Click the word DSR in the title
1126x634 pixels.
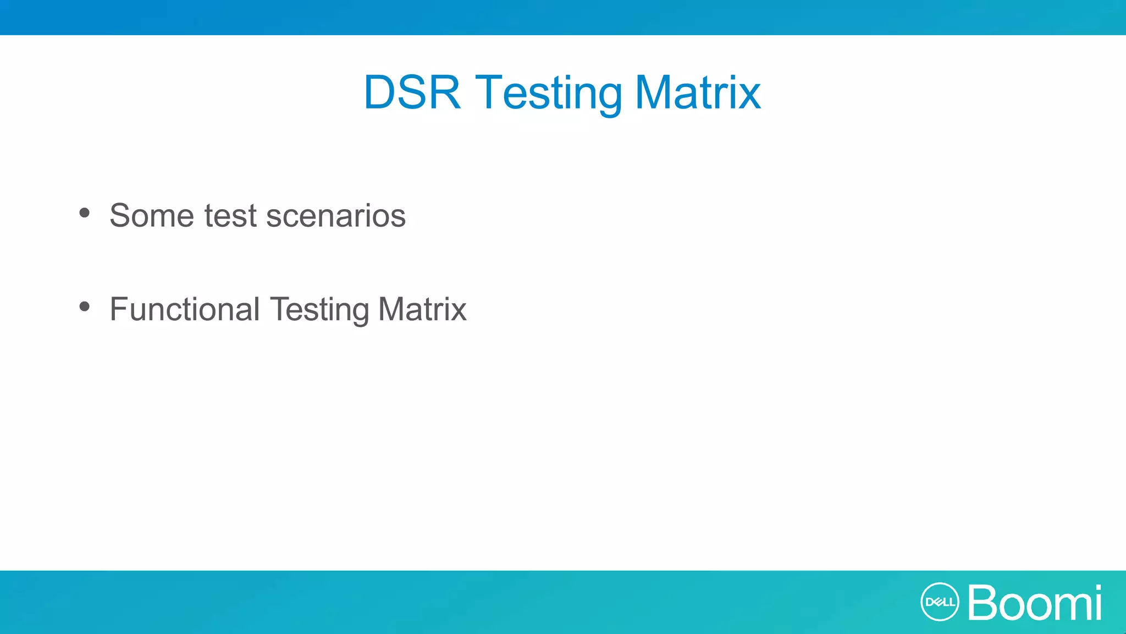412,92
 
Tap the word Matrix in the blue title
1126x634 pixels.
698,92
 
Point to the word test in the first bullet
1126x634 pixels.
230,215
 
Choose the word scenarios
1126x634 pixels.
336,215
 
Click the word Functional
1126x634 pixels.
185,309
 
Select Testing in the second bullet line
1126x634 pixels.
319,309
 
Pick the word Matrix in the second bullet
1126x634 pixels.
422,309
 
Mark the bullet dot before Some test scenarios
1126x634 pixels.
84,212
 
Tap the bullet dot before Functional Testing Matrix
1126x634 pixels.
84,307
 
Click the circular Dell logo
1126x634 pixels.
940,602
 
